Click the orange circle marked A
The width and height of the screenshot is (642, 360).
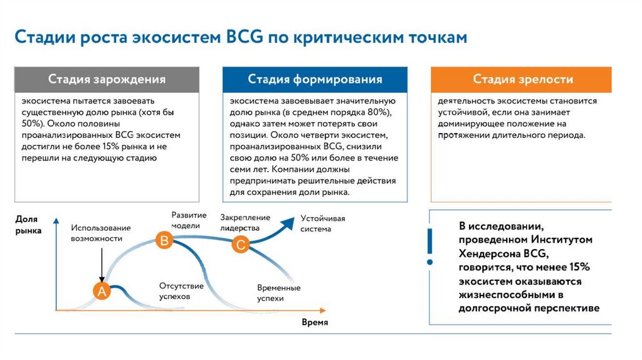pos(102,290)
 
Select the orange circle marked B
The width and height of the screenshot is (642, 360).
pos(164,240)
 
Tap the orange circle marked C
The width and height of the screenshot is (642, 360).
pos(240,245)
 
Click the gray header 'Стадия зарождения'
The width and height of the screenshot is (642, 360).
pos(107,80)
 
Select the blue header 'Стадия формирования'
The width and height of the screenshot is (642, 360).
pos(315,80)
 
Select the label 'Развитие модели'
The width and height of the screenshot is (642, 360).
pos(185,220)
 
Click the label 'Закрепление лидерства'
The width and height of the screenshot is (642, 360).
pos(245,223)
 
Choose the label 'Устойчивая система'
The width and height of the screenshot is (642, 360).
pos(323,223)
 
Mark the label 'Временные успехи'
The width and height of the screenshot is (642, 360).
pos(279,293)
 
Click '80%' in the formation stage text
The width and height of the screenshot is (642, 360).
pos(377,112)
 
